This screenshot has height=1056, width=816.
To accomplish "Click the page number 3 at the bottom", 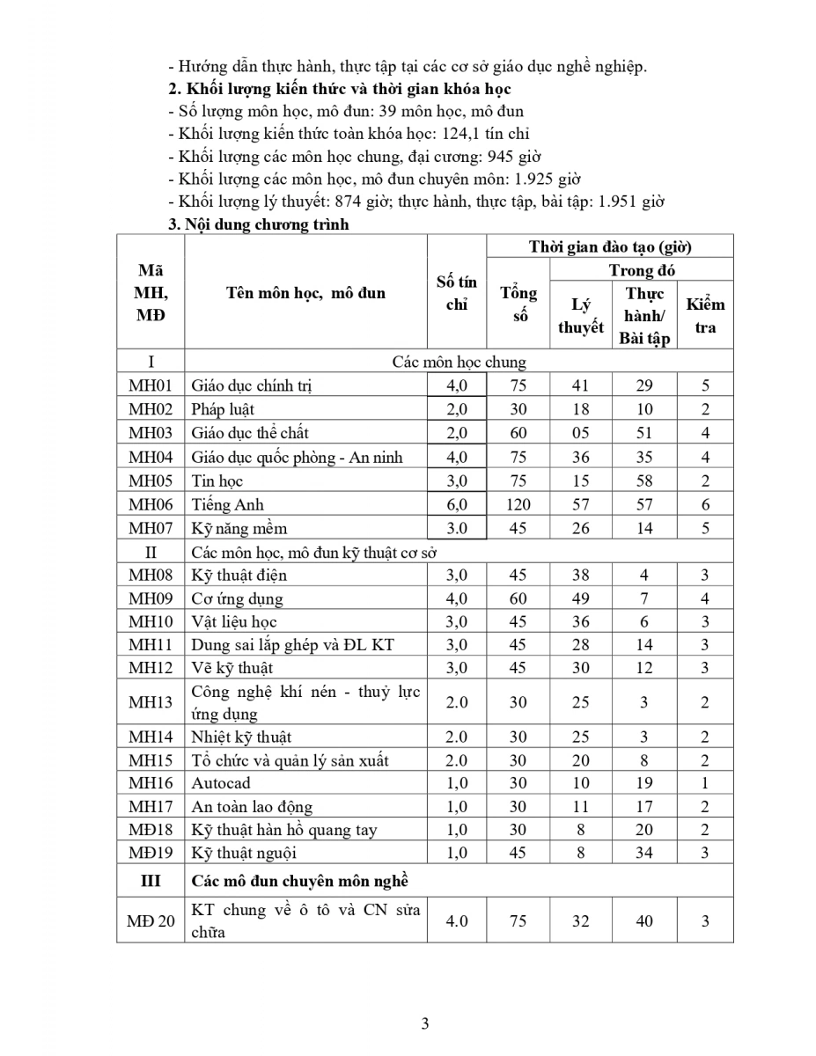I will pos(425,1023).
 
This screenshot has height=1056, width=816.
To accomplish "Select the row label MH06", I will pos(151,504).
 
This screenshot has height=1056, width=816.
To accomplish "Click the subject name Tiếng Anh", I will pos(227,504).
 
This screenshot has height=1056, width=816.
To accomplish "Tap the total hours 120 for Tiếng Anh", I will pos(518,504).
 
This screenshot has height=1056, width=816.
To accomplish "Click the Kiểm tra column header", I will pos(705,315).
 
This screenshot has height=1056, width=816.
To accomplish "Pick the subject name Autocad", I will pos(221,782).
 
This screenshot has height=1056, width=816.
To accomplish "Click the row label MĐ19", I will pos(151,852).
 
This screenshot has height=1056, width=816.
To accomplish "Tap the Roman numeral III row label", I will pos(151,880).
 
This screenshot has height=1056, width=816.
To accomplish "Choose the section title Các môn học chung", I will pos(459,362).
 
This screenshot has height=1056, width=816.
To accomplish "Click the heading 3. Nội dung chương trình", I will pos(258,224).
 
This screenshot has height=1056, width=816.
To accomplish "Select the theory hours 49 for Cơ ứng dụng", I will pos(580,598).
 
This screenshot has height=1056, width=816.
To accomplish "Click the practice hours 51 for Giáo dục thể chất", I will pos(644,432).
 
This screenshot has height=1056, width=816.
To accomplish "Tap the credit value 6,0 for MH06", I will pos(456,504).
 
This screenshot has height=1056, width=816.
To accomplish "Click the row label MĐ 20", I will pos(151,921).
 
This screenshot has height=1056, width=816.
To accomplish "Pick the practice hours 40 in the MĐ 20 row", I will pos(644,921).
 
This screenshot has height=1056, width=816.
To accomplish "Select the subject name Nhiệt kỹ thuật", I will pos(241,737).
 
